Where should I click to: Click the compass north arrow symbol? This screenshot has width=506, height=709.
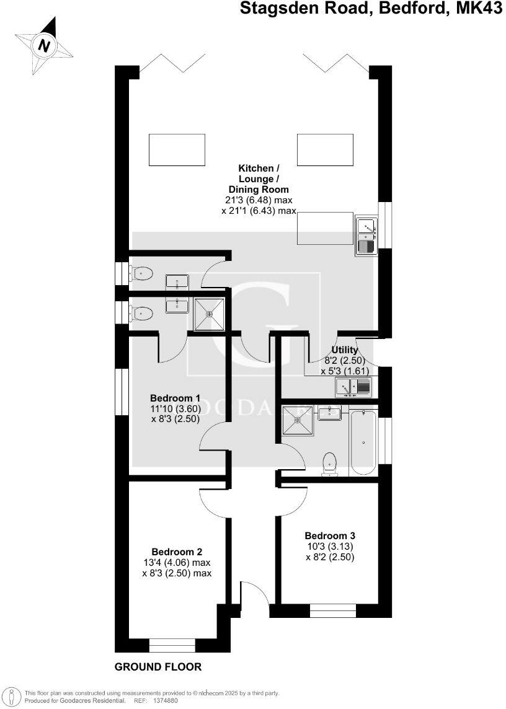click(x=43, y=45)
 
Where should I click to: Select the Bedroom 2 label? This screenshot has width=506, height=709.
click(x=177, y=552)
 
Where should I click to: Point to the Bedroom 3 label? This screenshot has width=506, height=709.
click(x=330, y=535)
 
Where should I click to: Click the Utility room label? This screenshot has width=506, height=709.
click(x=345, y=350)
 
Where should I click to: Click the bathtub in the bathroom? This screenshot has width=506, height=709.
click(x=363, y=441)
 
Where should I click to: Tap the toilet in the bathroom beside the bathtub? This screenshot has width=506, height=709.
click(x=330, y=464)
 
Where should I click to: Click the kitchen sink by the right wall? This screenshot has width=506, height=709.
click(x=365, y=236)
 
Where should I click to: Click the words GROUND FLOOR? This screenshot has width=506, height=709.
click(x=158, y=667)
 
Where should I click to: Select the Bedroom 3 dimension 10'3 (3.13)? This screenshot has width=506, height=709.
click(x=329, y=546)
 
